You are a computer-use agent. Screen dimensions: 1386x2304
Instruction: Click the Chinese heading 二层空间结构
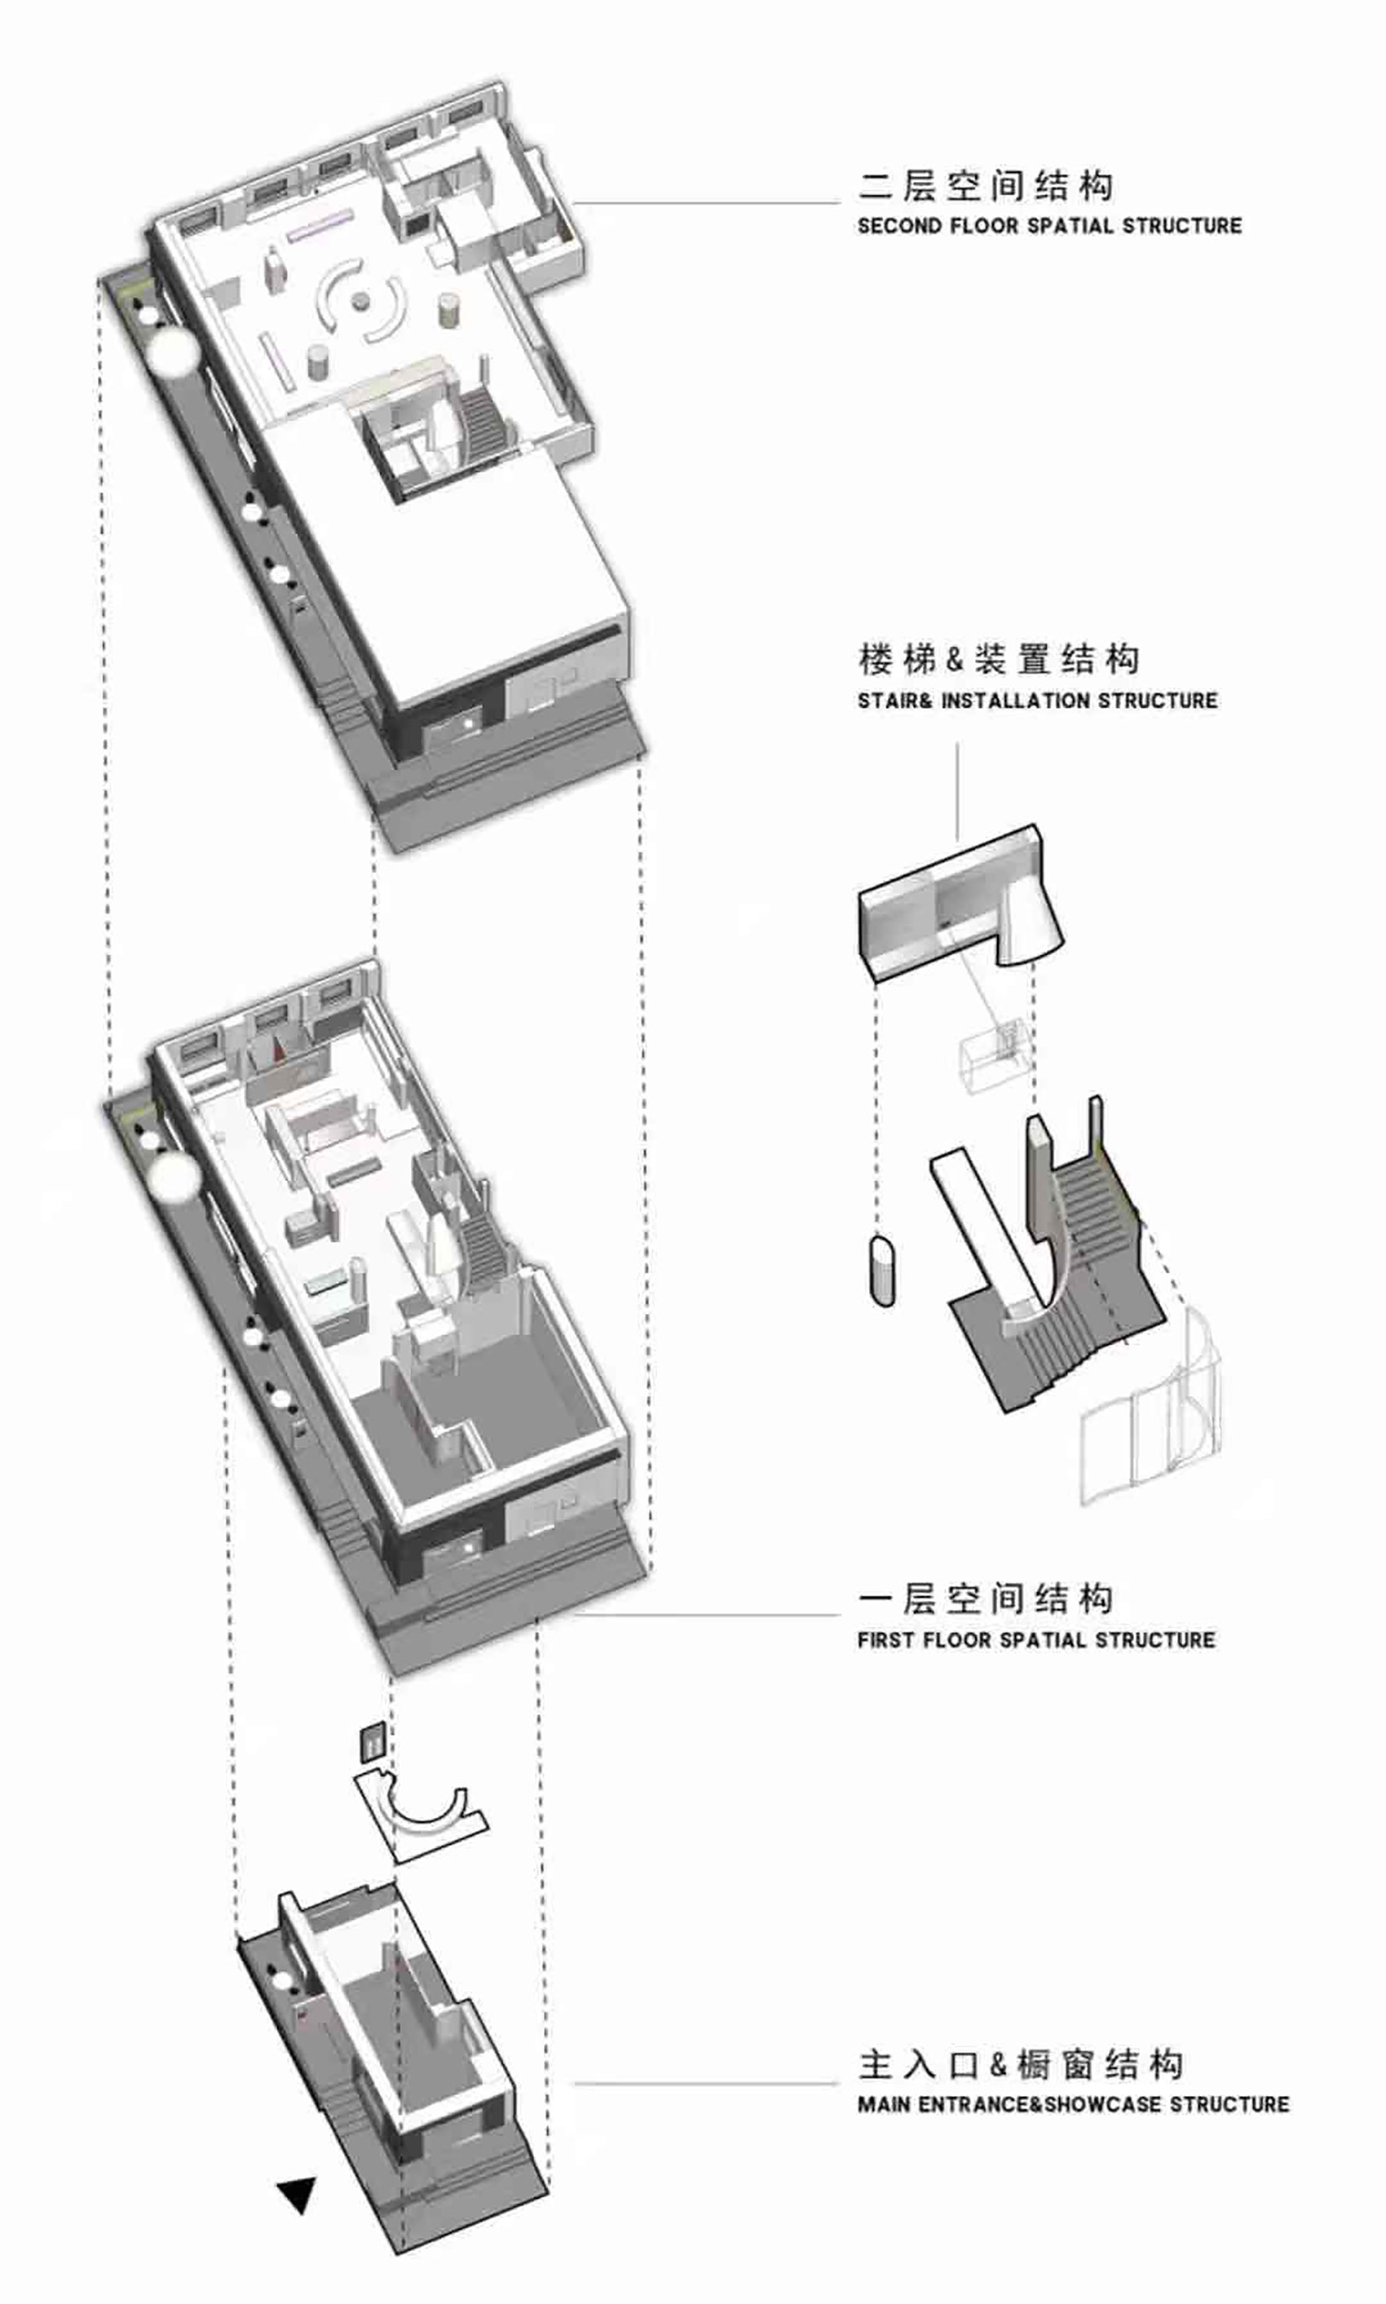click(x=986, y=185)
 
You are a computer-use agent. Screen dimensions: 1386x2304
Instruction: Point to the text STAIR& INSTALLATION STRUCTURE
click(x=1038, y=701)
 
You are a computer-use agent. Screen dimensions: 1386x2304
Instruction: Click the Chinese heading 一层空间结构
click(x=986, y=1599)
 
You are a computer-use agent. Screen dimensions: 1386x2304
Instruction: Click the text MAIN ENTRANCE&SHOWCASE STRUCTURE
click(x=1073, y=2104)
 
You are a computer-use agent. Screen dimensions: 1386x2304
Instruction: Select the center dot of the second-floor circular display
click(x=361, y=301)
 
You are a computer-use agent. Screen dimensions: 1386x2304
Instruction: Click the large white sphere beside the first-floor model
click(x=174, y=1177)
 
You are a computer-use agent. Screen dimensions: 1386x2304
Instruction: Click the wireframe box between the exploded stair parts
click(x=995, y=1055)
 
